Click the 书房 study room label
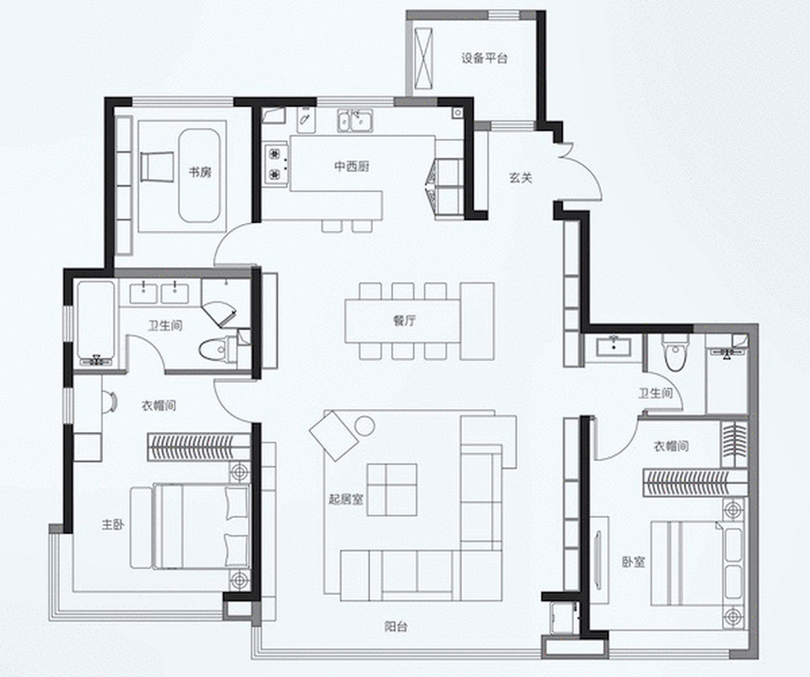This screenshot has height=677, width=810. [x=200, y=172]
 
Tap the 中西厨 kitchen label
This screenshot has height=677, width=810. [x=352, y=167]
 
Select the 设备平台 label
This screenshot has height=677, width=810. [x=485, y=58]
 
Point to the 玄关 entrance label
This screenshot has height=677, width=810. [x=520, y=178]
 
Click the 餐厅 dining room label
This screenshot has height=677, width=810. [x=404, y=321]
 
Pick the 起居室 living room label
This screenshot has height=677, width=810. [x=346, y=499]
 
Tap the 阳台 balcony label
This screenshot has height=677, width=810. [x=396, y=627]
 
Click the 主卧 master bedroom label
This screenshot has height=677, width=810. [x=113, y=525]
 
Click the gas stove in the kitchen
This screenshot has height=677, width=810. [x=276, y=163]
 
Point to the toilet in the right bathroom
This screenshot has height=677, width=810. [x=675, y=352]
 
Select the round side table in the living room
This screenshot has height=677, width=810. [x=365, y=426]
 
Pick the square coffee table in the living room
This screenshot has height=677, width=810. [x=392, y=489]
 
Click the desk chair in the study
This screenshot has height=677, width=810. [x=157, y=167]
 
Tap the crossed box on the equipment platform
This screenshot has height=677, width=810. [x=423, y=59]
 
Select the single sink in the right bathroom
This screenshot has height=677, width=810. [x=613, y=347]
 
